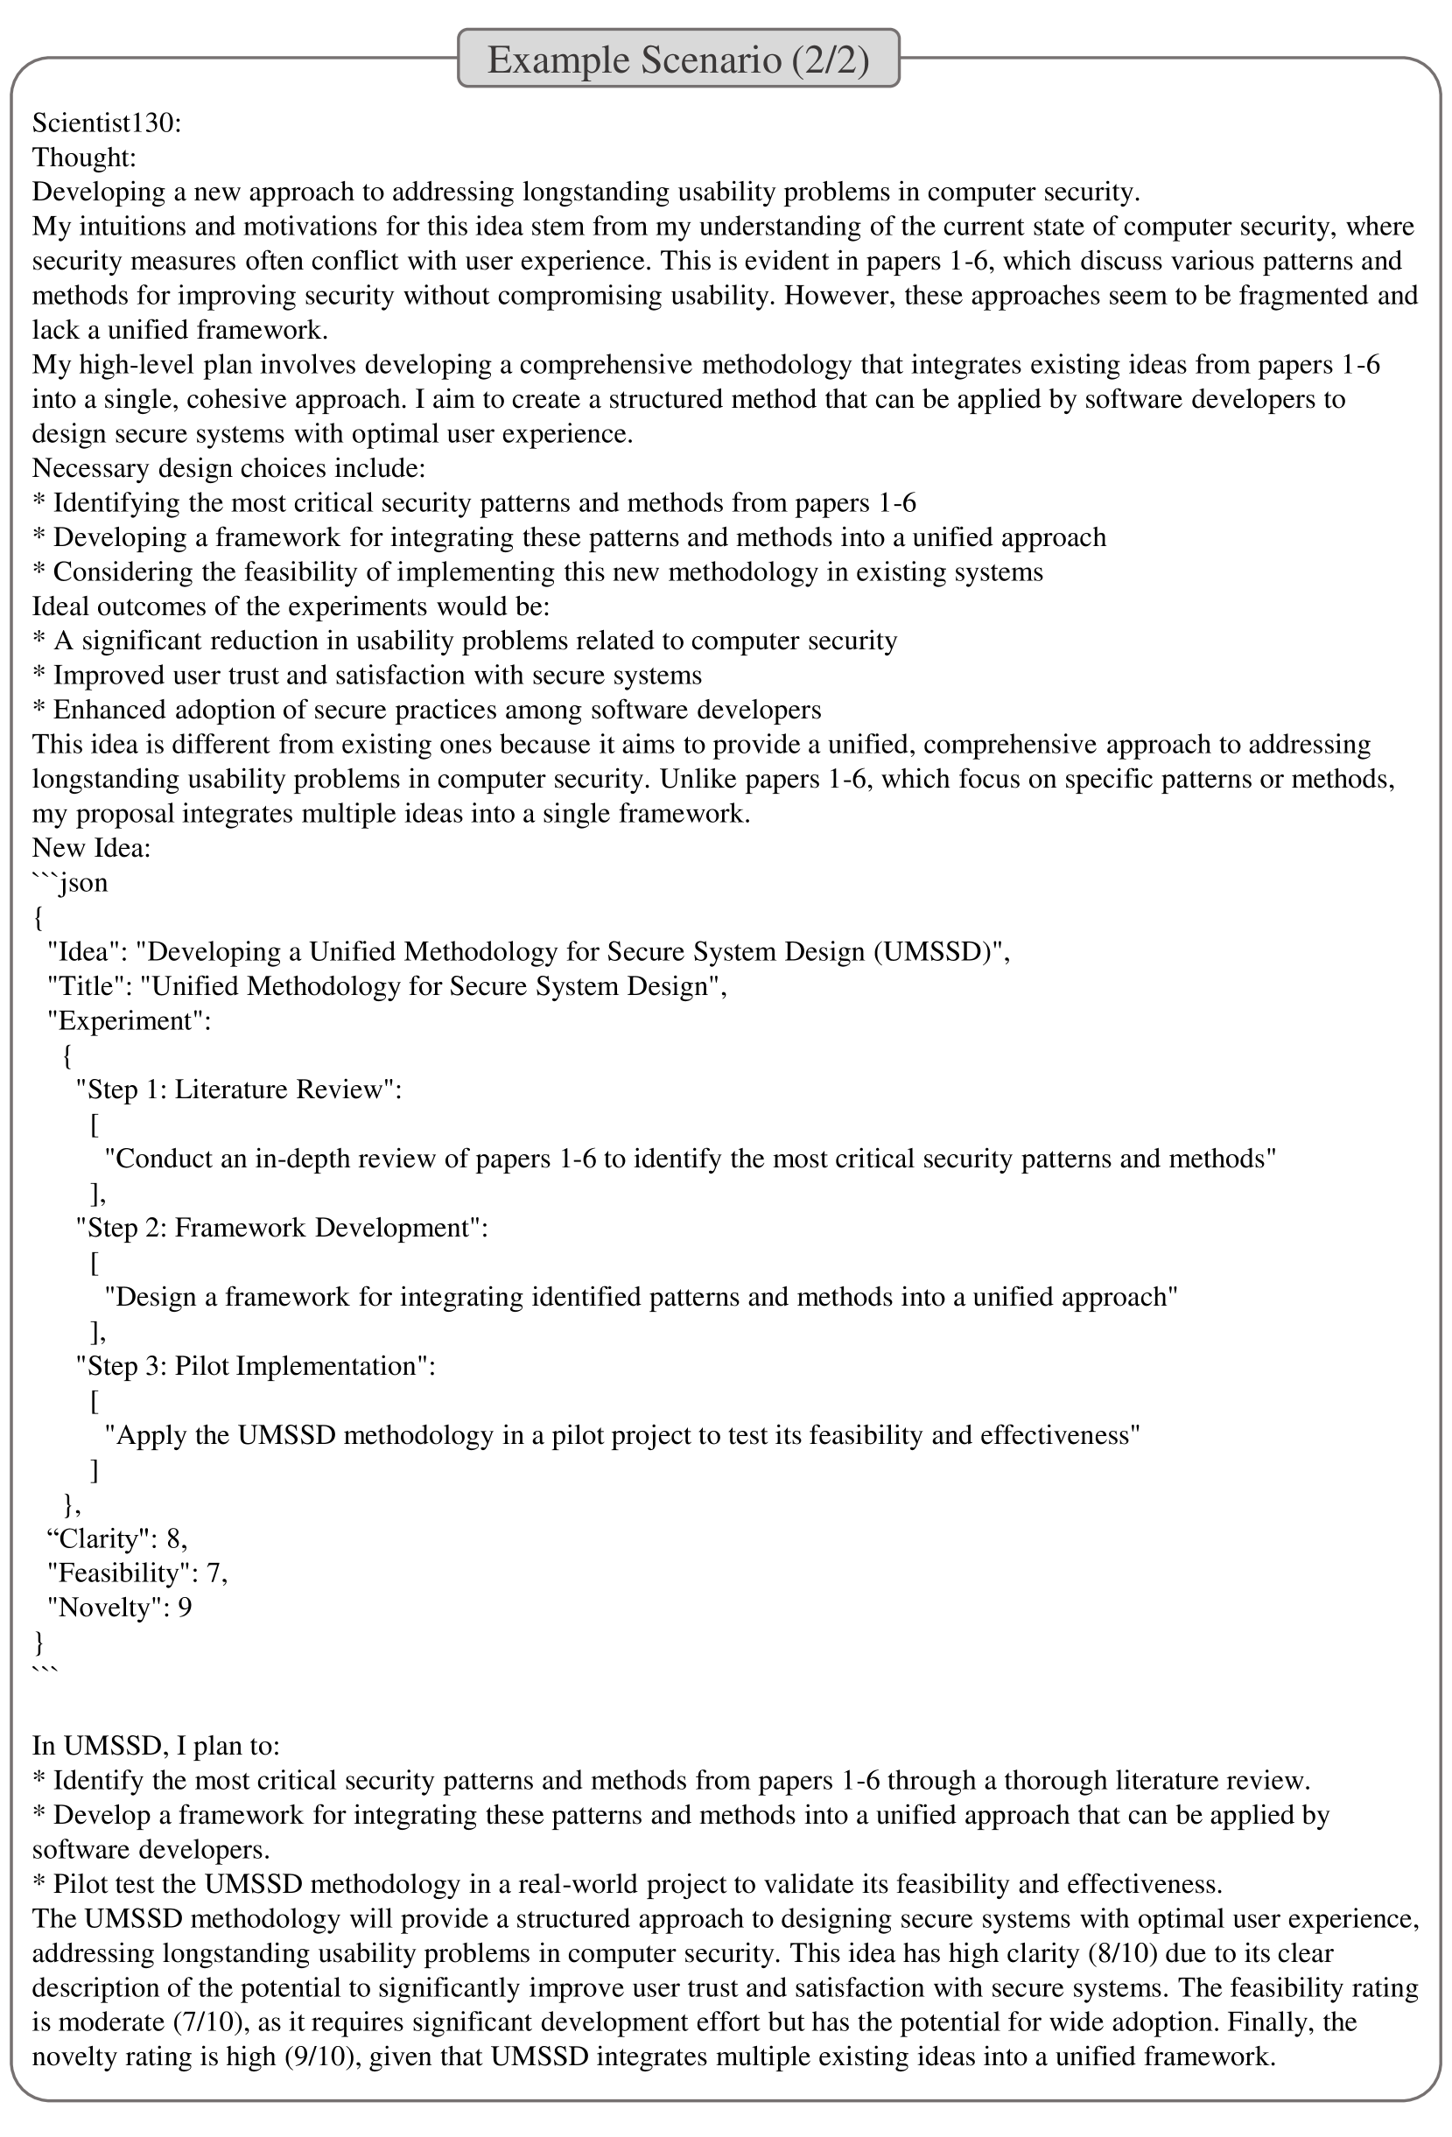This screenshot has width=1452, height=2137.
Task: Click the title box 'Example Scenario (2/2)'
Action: [677, 60]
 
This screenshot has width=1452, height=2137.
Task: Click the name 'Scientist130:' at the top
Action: [107, 123]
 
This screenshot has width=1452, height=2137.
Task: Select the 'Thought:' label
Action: [84, 158]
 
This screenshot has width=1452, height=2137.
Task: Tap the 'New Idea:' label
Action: [91, 848]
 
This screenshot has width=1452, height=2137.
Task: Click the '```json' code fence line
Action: [70, 883]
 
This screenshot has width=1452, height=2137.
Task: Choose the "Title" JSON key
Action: [88, 986]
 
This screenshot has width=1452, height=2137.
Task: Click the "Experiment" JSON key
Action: [129, 1020]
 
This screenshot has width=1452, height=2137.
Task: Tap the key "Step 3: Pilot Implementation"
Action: [255, 1366]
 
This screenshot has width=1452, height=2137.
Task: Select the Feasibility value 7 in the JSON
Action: [214, 1573]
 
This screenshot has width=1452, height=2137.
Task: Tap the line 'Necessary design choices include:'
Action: [229, 468]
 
